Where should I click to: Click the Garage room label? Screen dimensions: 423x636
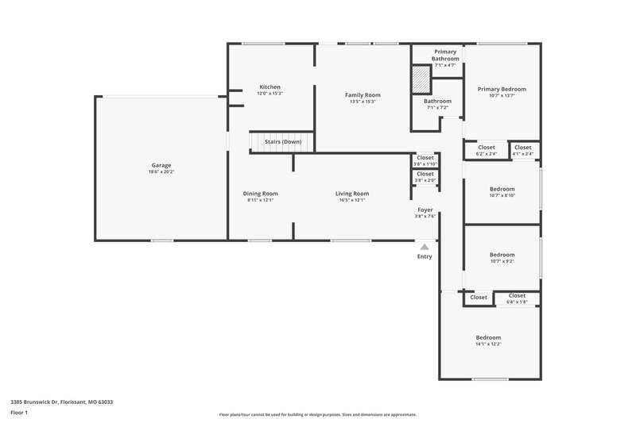(x=161, y=165)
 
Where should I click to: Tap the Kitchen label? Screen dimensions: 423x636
(x=270, y=87)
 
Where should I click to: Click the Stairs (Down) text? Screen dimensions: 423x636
(x=283, y=141)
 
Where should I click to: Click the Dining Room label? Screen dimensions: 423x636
(x=260, y=193)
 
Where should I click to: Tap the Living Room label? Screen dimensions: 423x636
(x=351, y=193)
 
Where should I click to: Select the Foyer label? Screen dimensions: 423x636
(x=425, y=210)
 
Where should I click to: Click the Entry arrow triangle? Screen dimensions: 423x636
(x=425, y=247)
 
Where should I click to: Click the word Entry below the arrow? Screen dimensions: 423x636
(x=425, y=256)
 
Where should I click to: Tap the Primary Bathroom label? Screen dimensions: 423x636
(x=444, y=55)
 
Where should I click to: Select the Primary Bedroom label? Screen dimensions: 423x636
(x=502, y=89)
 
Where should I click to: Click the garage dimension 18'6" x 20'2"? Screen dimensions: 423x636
(x=161, y=172)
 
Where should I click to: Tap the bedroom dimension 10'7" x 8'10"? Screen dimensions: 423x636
(x=502, y=196)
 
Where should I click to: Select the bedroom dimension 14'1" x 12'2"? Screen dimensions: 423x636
(x=488, y=344)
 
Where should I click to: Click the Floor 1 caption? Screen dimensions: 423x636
(x=19, y=413)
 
